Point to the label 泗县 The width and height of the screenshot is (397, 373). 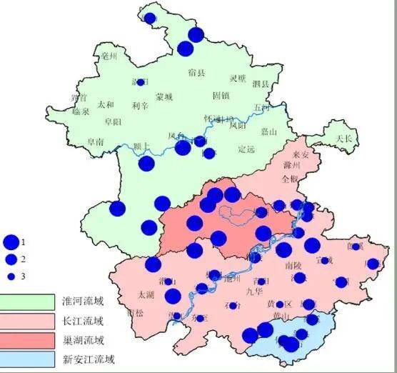coord(261,84)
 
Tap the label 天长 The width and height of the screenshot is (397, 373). coord(345,137)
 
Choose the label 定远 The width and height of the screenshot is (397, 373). coord(246,149)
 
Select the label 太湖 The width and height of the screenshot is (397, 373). coord(146,294)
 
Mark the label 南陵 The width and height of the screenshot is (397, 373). coord(293,264)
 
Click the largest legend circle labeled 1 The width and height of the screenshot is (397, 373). coord(11,242)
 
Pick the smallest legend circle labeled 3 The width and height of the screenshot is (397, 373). coord(11,275)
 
